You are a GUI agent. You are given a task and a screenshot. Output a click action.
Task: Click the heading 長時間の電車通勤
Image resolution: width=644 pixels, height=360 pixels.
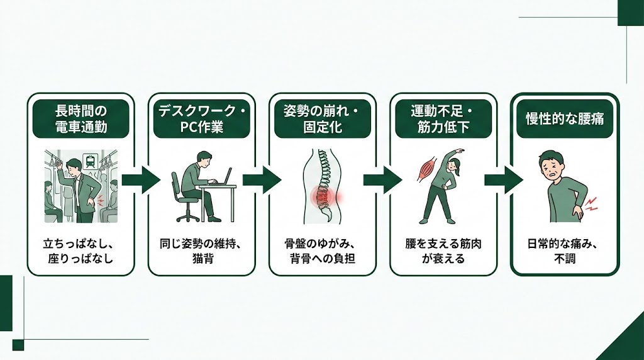pyautogui.click(x=80, y=118)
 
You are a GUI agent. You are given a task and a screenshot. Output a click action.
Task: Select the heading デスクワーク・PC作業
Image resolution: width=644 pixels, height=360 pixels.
pyautogui.click(x=201, y=118)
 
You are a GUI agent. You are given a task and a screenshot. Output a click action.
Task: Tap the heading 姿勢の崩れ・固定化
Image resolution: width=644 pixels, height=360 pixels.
pyautogui.click(x=322, y=118)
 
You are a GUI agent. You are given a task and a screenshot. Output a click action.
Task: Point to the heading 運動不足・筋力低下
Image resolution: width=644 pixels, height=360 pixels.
pyautogui.click(x=443, y=118)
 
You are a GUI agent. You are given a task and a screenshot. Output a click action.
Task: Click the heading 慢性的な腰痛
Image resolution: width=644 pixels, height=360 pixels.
pyautogui.click(x=564, y=118)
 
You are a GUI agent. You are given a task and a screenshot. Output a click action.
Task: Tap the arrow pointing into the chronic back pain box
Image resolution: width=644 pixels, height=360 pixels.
pyautogui.click(x=503, y=181)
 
